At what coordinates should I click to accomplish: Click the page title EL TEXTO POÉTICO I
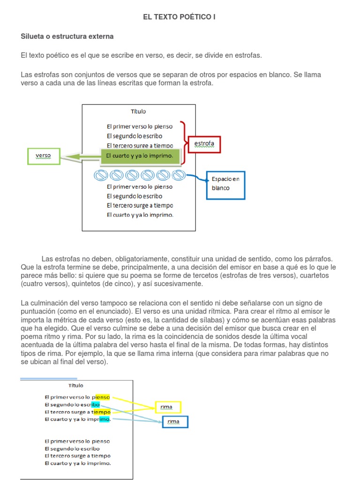tap(180, 17)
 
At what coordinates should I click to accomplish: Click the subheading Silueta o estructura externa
tap(67, 36)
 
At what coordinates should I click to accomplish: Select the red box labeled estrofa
tap(204, 145)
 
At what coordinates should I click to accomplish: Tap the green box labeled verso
tap(44, 156)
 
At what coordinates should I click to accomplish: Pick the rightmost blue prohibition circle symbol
tap(178, 175)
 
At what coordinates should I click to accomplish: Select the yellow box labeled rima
tap(167, 407)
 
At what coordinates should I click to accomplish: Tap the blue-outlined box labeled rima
tap(173, 422)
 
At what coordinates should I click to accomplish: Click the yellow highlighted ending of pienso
tap(103, 397)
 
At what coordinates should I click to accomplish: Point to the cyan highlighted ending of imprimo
tap(104, 419)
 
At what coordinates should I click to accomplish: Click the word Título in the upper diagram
tap(138, 112)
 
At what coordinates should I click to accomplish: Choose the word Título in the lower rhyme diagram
tap(76, 386)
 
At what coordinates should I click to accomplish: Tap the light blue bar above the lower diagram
tap(49, 379)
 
